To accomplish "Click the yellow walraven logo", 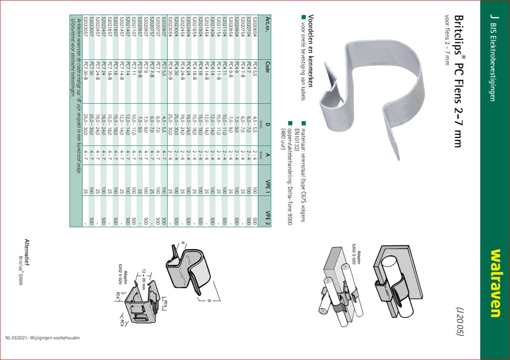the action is pos(495,283).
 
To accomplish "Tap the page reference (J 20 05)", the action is pos(460,321).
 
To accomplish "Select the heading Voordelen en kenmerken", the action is pos(311,51).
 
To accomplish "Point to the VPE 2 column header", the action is pos(267,218).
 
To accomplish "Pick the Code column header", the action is pos(267,67).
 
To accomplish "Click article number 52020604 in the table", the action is pos(255,26).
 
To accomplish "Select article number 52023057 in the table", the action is pos(85,26).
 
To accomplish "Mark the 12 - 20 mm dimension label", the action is pos(143,280).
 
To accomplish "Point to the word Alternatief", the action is pos(27,252).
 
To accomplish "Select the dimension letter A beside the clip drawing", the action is pos(183,243).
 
